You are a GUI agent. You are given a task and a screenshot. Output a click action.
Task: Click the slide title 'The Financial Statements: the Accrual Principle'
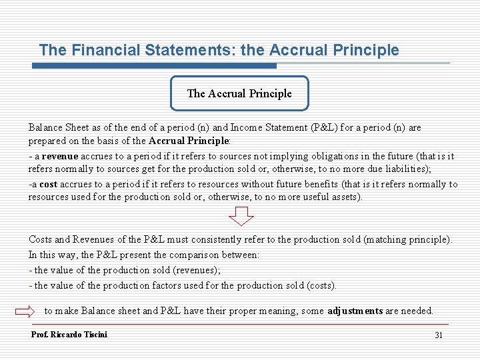pos(219,50)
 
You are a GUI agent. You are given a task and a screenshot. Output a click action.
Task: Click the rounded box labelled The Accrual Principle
pos(239,93)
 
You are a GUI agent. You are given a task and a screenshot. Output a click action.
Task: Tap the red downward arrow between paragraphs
pos(241,216)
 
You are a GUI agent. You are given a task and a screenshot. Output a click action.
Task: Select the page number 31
pos(438,335)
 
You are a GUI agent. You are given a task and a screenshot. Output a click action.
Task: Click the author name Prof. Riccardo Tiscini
pos(69,334)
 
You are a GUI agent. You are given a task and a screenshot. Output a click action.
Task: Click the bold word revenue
pos(61,156)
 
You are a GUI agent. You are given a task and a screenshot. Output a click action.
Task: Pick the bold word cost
pos(48,185)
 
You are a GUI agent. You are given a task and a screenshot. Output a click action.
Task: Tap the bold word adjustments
pos(355,311)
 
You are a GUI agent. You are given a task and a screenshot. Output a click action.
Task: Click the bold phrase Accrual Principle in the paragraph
pos(189,141)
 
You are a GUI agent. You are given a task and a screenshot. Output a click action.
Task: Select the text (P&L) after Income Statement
pos(325,127)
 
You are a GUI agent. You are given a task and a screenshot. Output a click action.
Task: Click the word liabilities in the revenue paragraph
pos(408,169)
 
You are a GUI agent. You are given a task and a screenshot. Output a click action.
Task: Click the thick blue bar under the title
pos(157,66)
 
